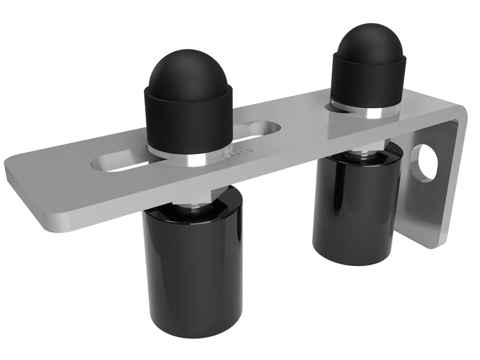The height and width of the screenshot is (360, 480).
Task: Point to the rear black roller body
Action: pyautogui.click(x=356, y=206)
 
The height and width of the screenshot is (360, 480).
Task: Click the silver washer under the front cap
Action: pyautogui.click(x=187, y=158)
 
